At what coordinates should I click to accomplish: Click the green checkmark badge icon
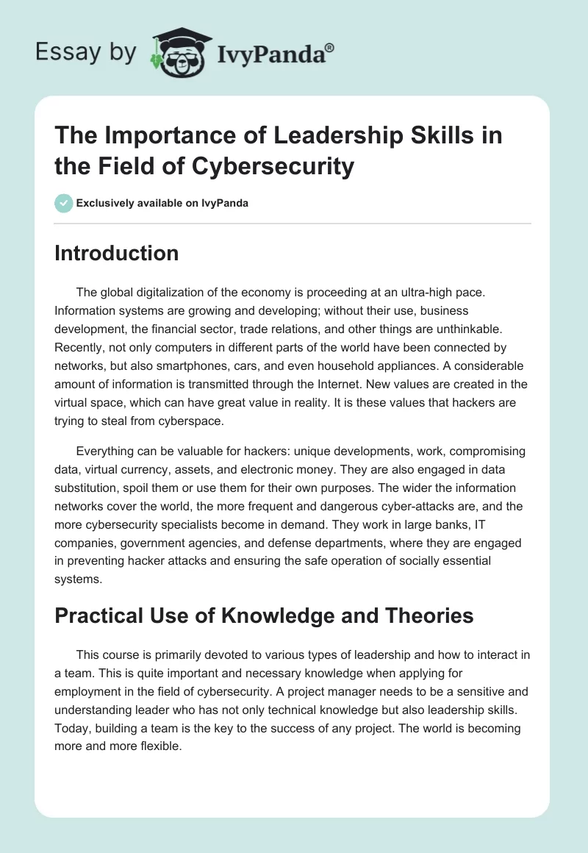pyautogui.click(x=64, y=203)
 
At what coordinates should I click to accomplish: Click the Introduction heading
pyautogui.click(x=117, y=253)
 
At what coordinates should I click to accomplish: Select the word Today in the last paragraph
pyautogui.click(x=73, y=728)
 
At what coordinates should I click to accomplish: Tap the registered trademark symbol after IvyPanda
pyautogui.click(x=330, y=48)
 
